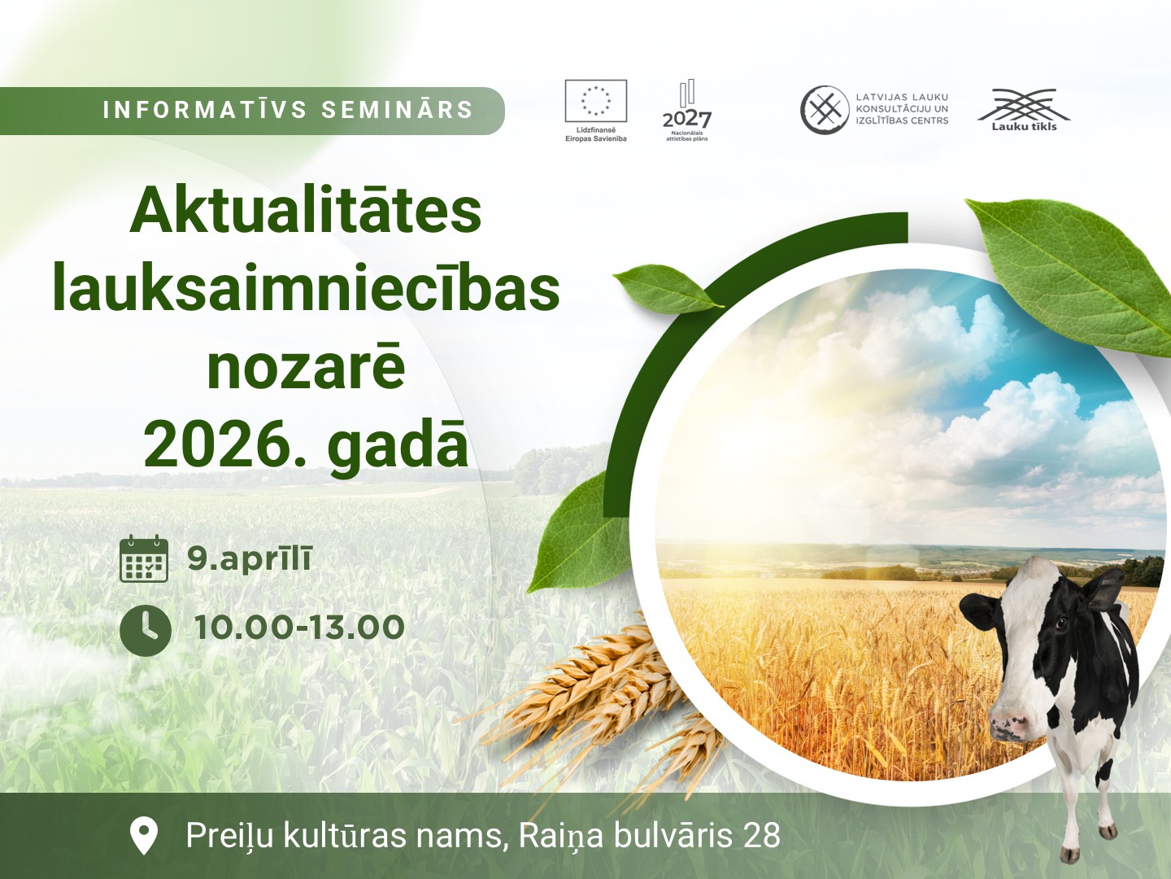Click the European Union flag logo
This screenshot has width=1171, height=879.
pos(596,101)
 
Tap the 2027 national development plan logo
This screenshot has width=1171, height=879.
pos(687,111)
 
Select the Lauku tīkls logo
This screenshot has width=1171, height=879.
pos(1024,109)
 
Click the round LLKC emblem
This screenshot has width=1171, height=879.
pos(825,110)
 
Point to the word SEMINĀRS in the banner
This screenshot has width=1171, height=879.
pos(398,110)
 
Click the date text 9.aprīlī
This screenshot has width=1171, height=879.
pos(249,559)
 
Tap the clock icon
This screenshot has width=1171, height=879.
pos(145,630)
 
